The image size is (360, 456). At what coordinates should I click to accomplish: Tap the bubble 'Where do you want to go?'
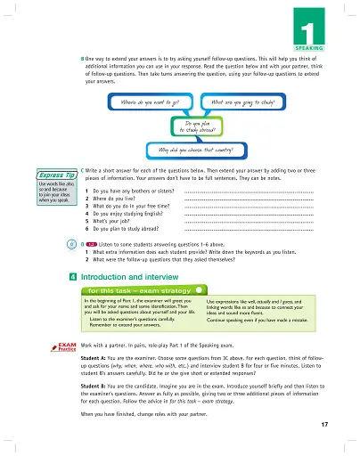[x=152, y=103]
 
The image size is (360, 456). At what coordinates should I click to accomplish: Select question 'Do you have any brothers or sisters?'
[x=131, y=191]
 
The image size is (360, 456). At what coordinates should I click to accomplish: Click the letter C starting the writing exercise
[x=83, y=168]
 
